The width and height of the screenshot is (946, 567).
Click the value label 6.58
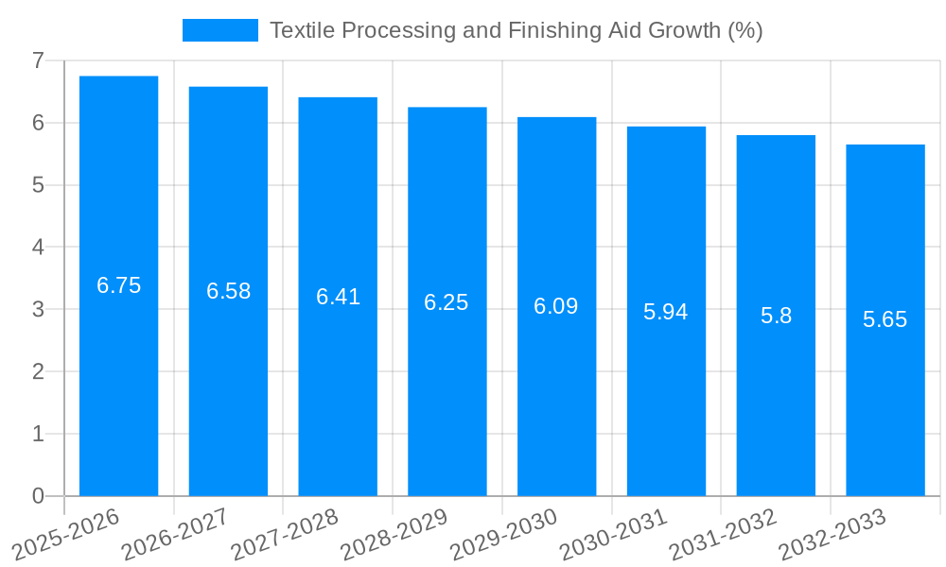coord(229,291)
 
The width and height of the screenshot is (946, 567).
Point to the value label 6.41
coord(338,297)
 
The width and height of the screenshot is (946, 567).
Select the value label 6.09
coord(556,306)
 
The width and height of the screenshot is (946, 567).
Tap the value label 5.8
coord(776,316)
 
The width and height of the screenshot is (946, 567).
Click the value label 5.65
coord(885,319)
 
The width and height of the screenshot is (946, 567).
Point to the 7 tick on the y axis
coord(38,60)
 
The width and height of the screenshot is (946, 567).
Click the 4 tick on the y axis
coord(38,248)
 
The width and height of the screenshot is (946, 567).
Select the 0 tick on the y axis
coord(38,496)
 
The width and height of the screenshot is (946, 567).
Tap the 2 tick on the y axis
coord(38,371)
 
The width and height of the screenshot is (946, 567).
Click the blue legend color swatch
coord(219,30)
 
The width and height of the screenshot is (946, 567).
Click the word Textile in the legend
coord(301,30)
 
